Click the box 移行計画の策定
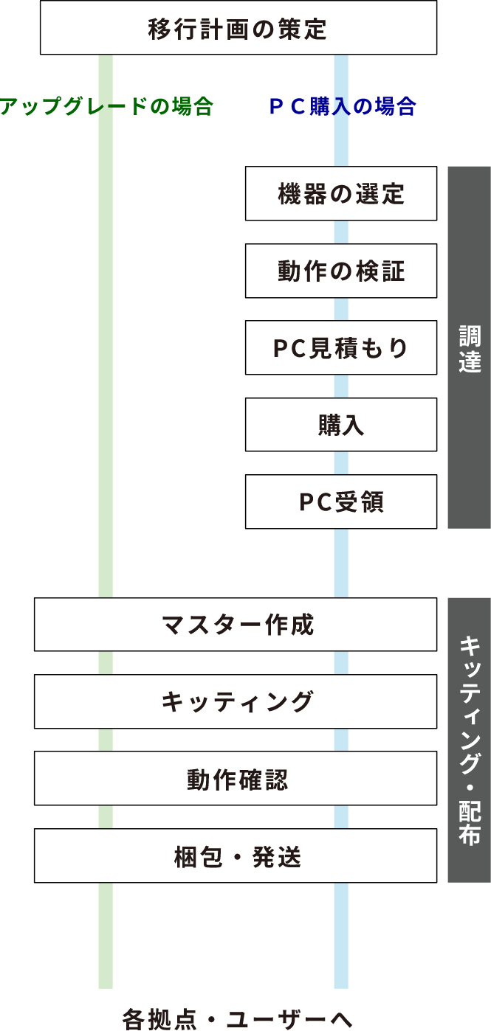[238, 28]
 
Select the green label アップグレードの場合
[106, 107]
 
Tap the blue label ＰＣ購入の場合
[341, 107]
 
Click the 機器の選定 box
[341, 194]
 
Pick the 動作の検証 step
[341, 271]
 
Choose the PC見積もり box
[341, 348]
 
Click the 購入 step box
[341, 425]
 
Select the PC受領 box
[341, 501]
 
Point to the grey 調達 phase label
[469, 347]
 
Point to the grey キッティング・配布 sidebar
[469, 740]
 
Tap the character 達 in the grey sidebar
[470, 361]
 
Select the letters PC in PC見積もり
[285, 348]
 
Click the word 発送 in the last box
[280, 856]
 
